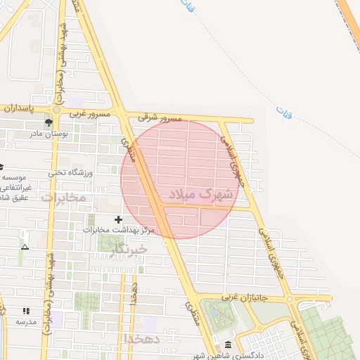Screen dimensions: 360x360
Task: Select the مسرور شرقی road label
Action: [x=163, y=118]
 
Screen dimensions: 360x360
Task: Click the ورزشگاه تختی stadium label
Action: [x=70, y=172]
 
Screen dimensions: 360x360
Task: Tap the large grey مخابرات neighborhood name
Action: [x=63, y=198]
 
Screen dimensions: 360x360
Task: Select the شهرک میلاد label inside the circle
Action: [x=200, y=193]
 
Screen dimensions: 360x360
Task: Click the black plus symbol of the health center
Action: [x=118, y=220]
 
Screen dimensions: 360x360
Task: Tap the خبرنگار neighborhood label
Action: [x=128, y=249]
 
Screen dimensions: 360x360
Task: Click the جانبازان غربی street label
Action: [x=245, y=298]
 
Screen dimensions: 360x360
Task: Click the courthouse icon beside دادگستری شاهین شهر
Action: [x=227, y=345]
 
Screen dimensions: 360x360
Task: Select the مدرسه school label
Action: [x=26, y=321]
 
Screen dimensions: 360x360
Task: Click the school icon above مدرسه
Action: [x=26, y=311]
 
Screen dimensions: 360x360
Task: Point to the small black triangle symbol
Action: [x=25, y=247]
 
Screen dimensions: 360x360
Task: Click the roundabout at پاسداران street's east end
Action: [x=56, y=110]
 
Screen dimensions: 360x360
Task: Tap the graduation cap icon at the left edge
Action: [x=2, y=167]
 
